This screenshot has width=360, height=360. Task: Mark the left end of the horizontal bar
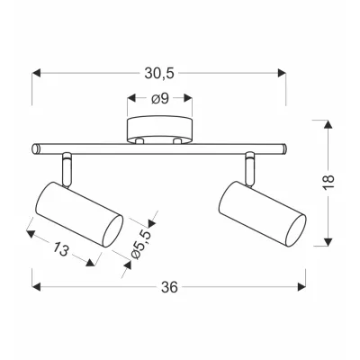(34, 148)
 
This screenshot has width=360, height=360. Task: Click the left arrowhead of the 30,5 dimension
(36, 69)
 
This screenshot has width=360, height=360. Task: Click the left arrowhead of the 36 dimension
(36, 288)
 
